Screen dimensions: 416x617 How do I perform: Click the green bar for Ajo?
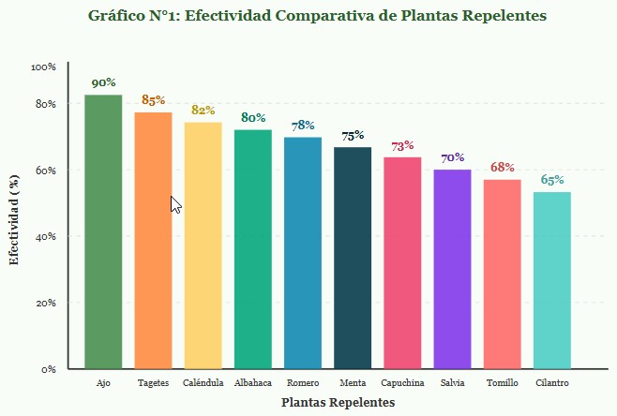click(103, 231)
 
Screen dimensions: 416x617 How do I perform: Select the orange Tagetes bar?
click(153, 240)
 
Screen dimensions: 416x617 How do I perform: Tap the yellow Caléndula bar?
click(203, 245)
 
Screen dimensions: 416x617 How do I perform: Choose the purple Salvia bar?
click(452, 269)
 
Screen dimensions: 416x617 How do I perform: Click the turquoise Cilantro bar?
click(551, 280)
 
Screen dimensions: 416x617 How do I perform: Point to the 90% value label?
click(103, 83)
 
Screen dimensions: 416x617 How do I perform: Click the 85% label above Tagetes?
click(153, 100)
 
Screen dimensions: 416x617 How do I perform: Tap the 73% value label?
click(402, 146)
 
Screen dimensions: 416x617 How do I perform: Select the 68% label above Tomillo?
click(503, 168)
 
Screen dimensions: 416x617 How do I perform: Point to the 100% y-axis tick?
click(43, 67)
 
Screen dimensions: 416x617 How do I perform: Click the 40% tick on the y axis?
click(46, 237)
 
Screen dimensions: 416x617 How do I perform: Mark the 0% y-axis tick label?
click(49, 369)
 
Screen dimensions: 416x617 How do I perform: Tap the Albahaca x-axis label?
click(253, 383)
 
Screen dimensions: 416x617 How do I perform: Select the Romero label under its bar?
click(303, 383)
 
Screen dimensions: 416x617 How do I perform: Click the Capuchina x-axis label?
click(403, 383)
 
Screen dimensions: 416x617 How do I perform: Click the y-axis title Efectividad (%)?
click(14, 218)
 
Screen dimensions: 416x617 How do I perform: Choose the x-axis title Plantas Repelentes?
click(338, 402)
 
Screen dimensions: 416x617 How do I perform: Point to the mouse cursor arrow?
click(175, 203)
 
